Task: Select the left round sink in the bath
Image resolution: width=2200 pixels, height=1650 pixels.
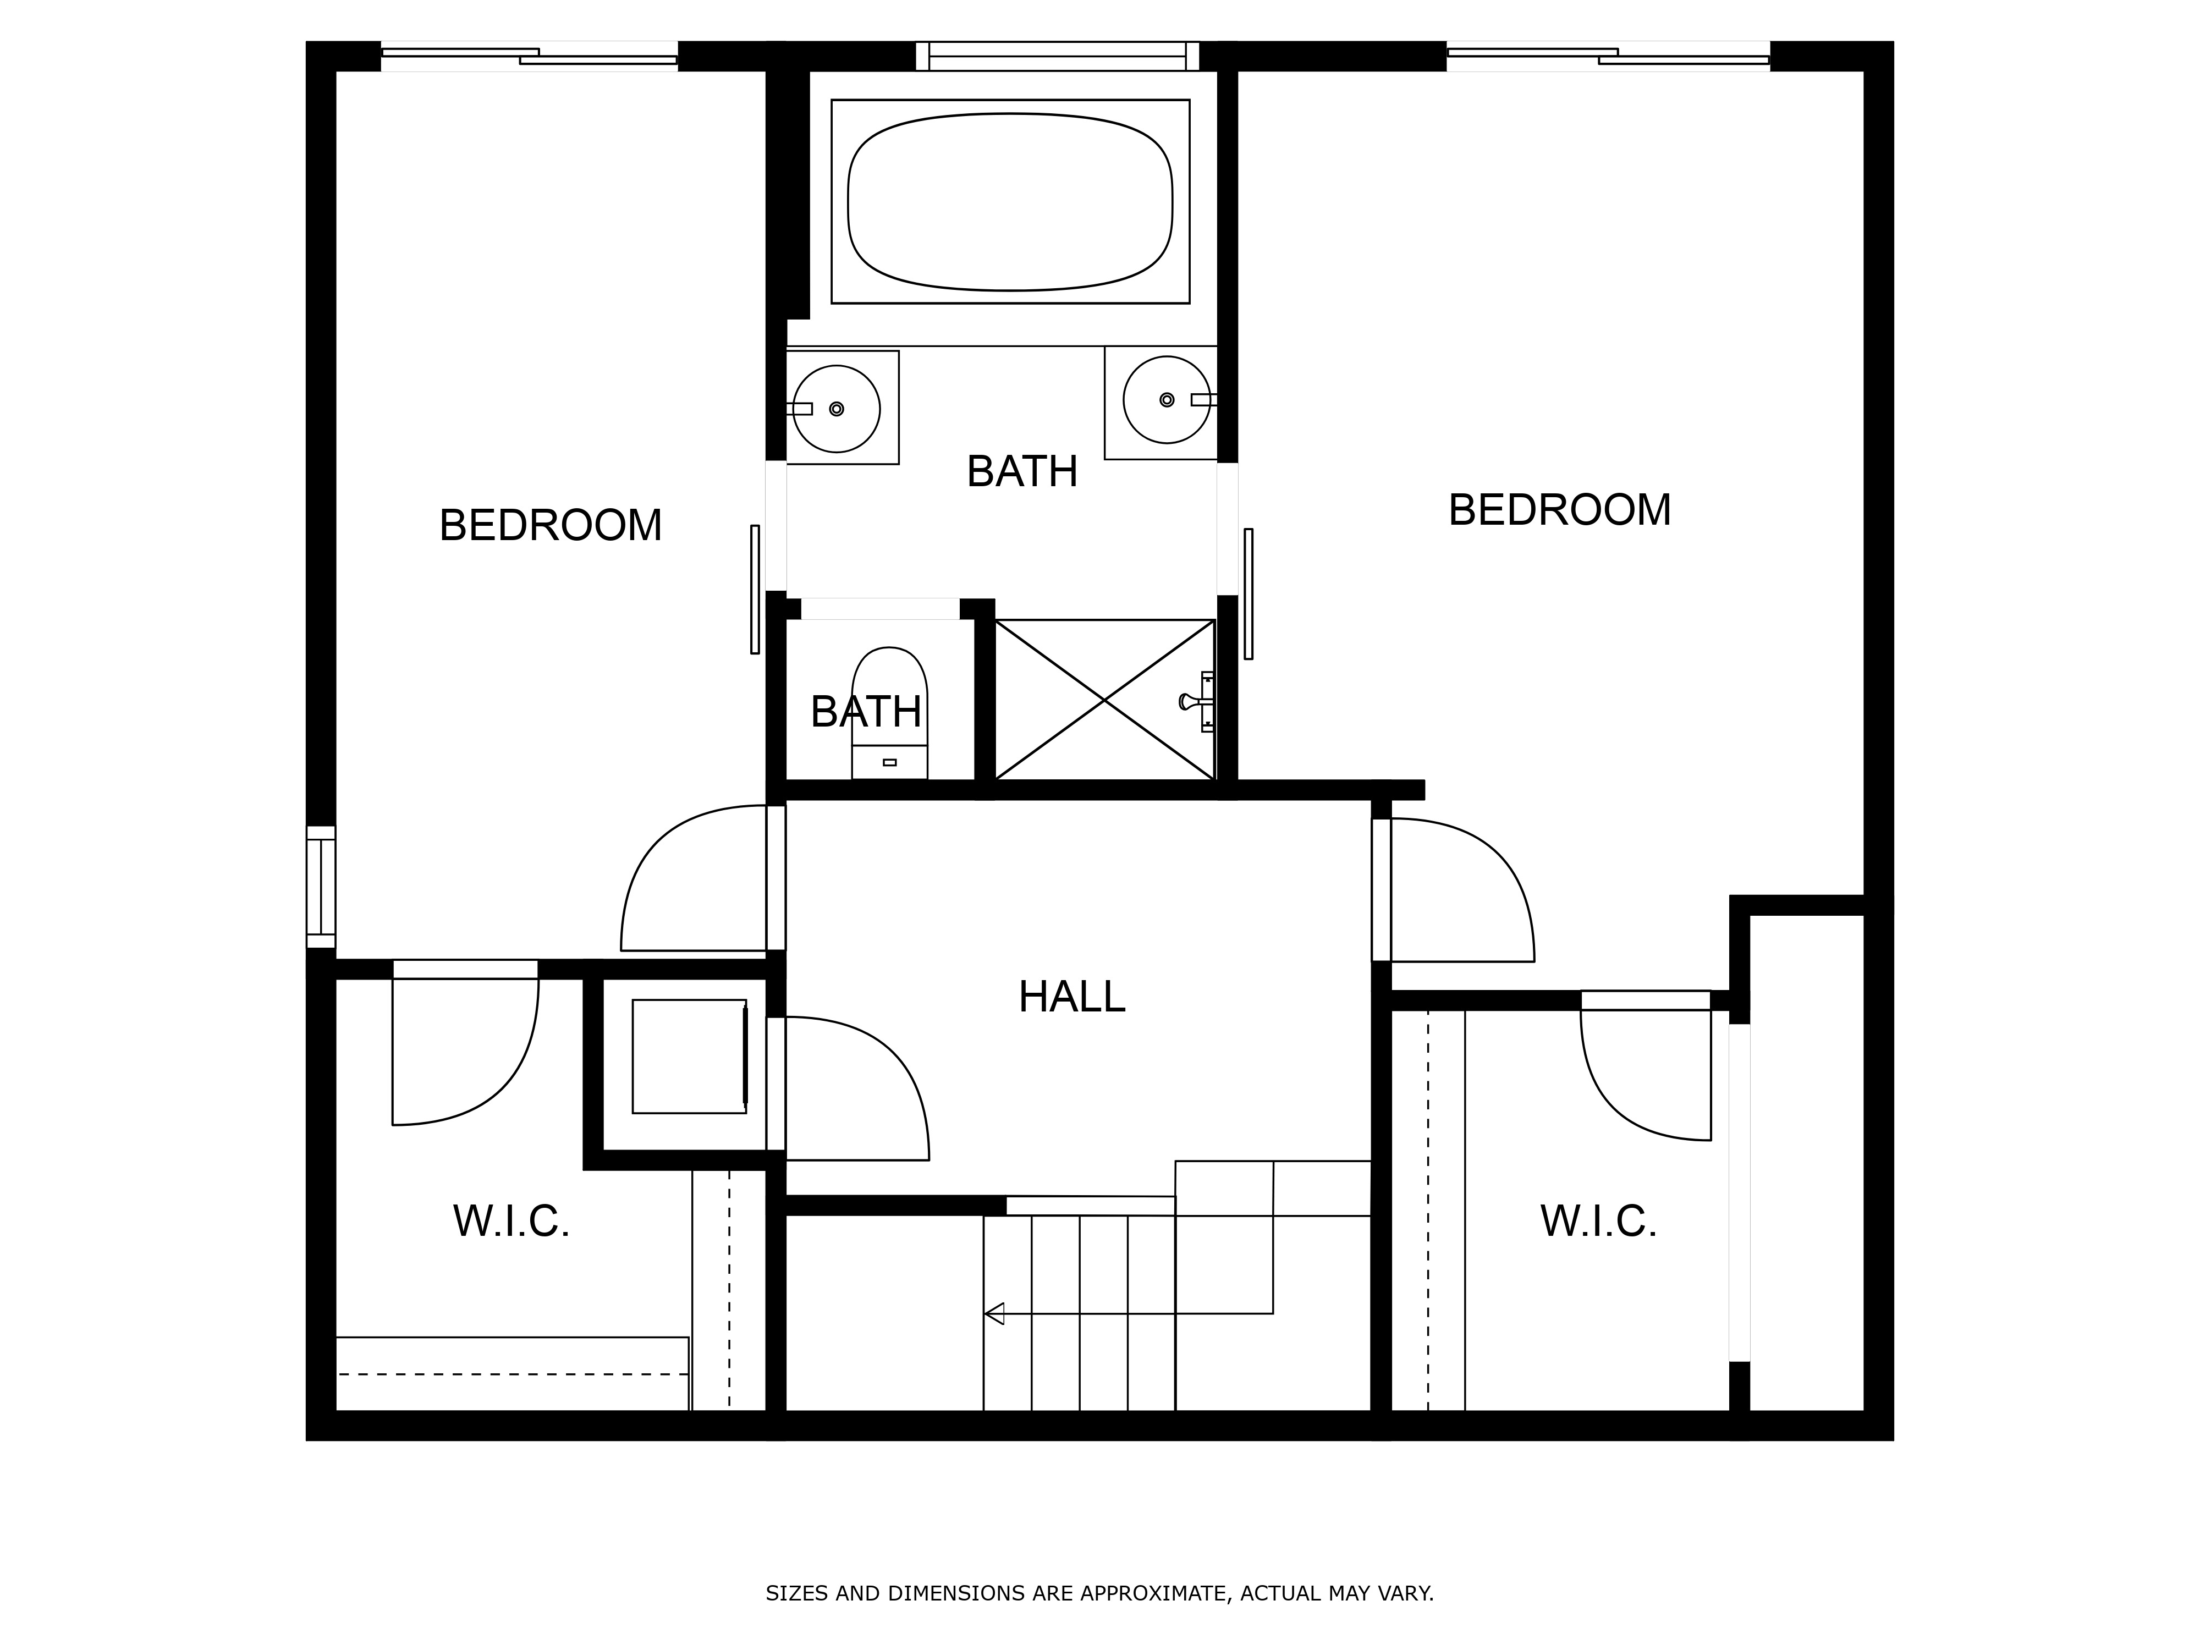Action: [837, 409]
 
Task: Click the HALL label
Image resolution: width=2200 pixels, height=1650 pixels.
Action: [1071, 997]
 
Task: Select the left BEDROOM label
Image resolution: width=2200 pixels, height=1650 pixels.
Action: [550, 525]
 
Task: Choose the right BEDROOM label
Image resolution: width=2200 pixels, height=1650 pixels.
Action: [1559, 510]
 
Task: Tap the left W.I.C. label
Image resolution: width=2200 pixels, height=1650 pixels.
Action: [511, 1222]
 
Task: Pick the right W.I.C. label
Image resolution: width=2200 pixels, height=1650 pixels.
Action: [1598, 1222]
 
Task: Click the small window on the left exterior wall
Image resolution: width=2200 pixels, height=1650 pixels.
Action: [320, 887]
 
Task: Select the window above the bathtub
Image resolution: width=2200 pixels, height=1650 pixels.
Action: [1057, 56]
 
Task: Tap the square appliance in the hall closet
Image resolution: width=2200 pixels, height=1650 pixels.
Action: [689, 1056]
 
